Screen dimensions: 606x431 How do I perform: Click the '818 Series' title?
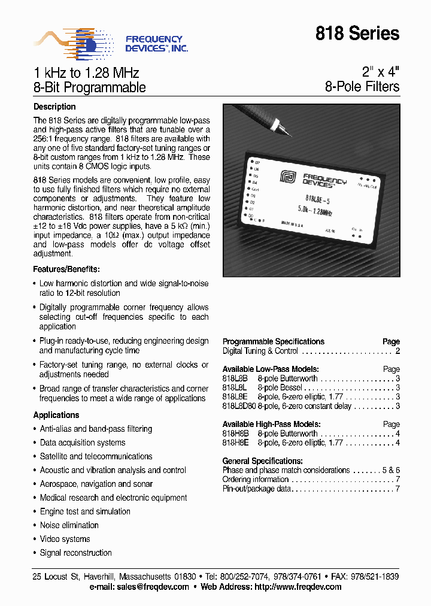(x=357, y=34)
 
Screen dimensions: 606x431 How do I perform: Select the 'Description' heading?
(x=54, y=107)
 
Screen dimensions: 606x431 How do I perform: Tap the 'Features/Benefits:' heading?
(x=66, y=269)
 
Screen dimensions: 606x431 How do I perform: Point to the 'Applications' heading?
(x=56, y=415)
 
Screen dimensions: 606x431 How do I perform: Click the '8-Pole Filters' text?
(x=362, y=87)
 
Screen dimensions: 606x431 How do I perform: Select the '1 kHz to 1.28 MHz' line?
(x=86, y=73)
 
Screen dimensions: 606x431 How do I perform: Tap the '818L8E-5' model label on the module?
(x=319, y=200)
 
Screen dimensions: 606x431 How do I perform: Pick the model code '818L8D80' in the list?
(x=239, y=407)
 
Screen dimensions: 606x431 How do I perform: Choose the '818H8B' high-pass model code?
(x=236, y=434)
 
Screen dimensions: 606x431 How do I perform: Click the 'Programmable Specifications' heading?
(x=273, y=341)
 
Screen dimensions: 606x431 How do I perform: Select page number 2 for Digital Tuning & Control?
(x=397, y=351)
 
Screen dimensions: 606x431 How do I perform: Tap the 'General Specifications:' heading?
(x=262, y=461)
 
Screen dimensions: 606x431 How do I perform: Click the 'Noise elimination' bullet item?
(x=69, y=525)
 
